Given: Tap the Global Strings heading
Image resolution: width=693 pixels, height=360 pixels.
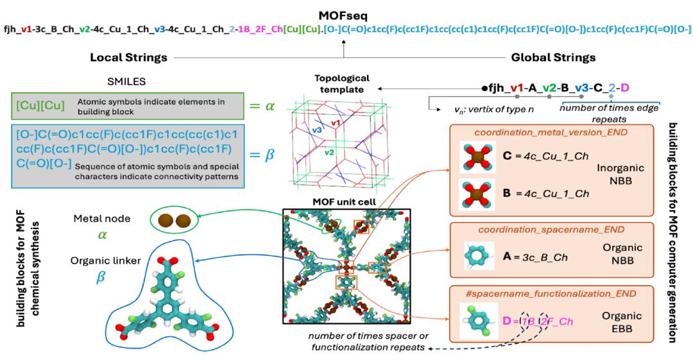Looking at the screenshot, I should [553, 58].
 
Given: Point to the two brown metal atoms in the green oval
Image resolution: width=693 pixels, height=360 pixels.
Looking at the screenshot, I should [175, 221].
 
